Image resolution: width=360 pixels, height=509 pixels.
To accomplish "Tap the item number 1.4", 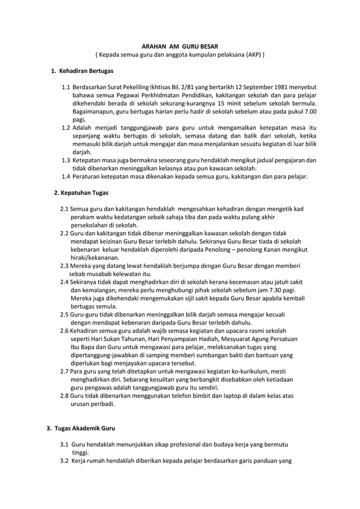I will (x=66, y=177).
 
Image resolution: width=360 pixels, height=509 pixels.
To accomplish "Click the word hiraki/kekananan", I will (x=91, y=256).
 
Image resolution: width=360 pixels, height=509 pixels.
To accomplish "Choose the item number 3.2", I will (x=64, y=460).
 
